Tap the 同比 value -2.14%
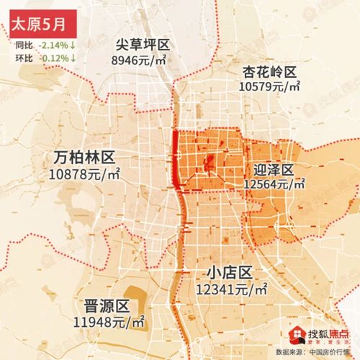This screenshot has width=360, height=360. coord(55,45)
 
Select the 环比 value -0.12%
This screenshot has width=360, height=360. coord(55,57)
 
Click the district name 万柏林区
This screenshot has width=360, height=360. coord(86,158)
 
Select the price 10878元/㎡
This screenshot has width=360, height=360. coord(85,174)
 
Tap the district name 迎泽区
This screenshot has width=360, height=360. coord(274,170)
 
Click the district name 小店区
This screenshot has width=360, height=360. coord(231,274)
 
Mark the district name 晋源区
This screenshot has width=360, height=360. coord(106,305)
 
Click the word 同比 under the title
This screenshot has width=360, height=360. coord(23,45)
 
